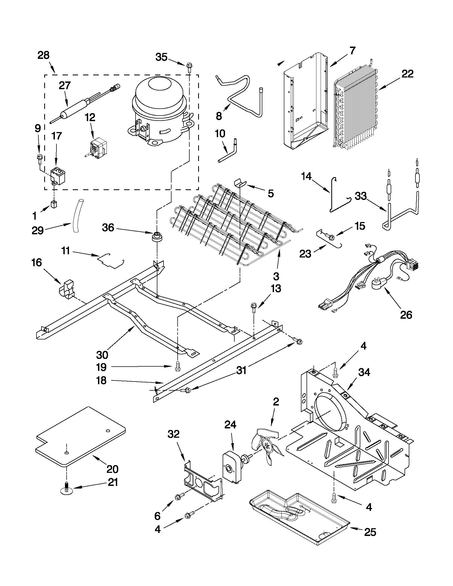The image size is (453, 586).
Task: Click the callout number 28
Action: [x=43, y=55]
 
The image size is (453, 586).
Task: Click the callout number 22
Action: [x=407, y=74]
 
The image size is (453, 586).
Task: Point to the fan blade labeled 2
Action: [x=267, y=446]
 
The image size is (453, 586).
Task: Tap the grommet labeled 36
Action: [x=156, y=237]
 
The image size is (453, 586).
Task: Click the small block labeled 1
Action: [x=54, y=204]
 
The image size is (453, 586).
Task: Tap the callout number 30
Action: [x=102, y=355]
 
